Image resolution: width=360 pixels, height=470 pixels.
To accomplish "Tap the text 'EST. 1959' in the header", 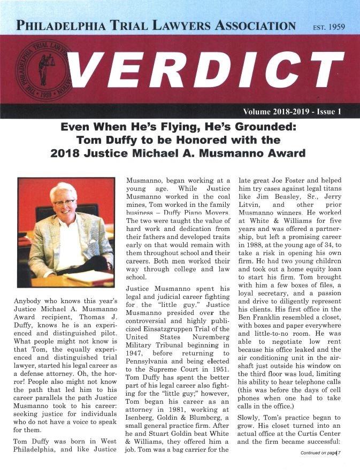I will point(328,26).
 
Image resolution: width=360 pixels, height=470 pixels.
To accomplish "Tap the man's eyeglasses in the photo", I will point(64,203).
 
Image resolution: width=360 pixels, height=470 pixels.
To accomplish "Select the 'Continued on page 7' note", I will point(320,453).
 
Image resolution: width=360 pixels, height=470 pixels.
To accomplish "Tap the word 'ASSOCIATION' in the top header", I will point(254,25).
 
